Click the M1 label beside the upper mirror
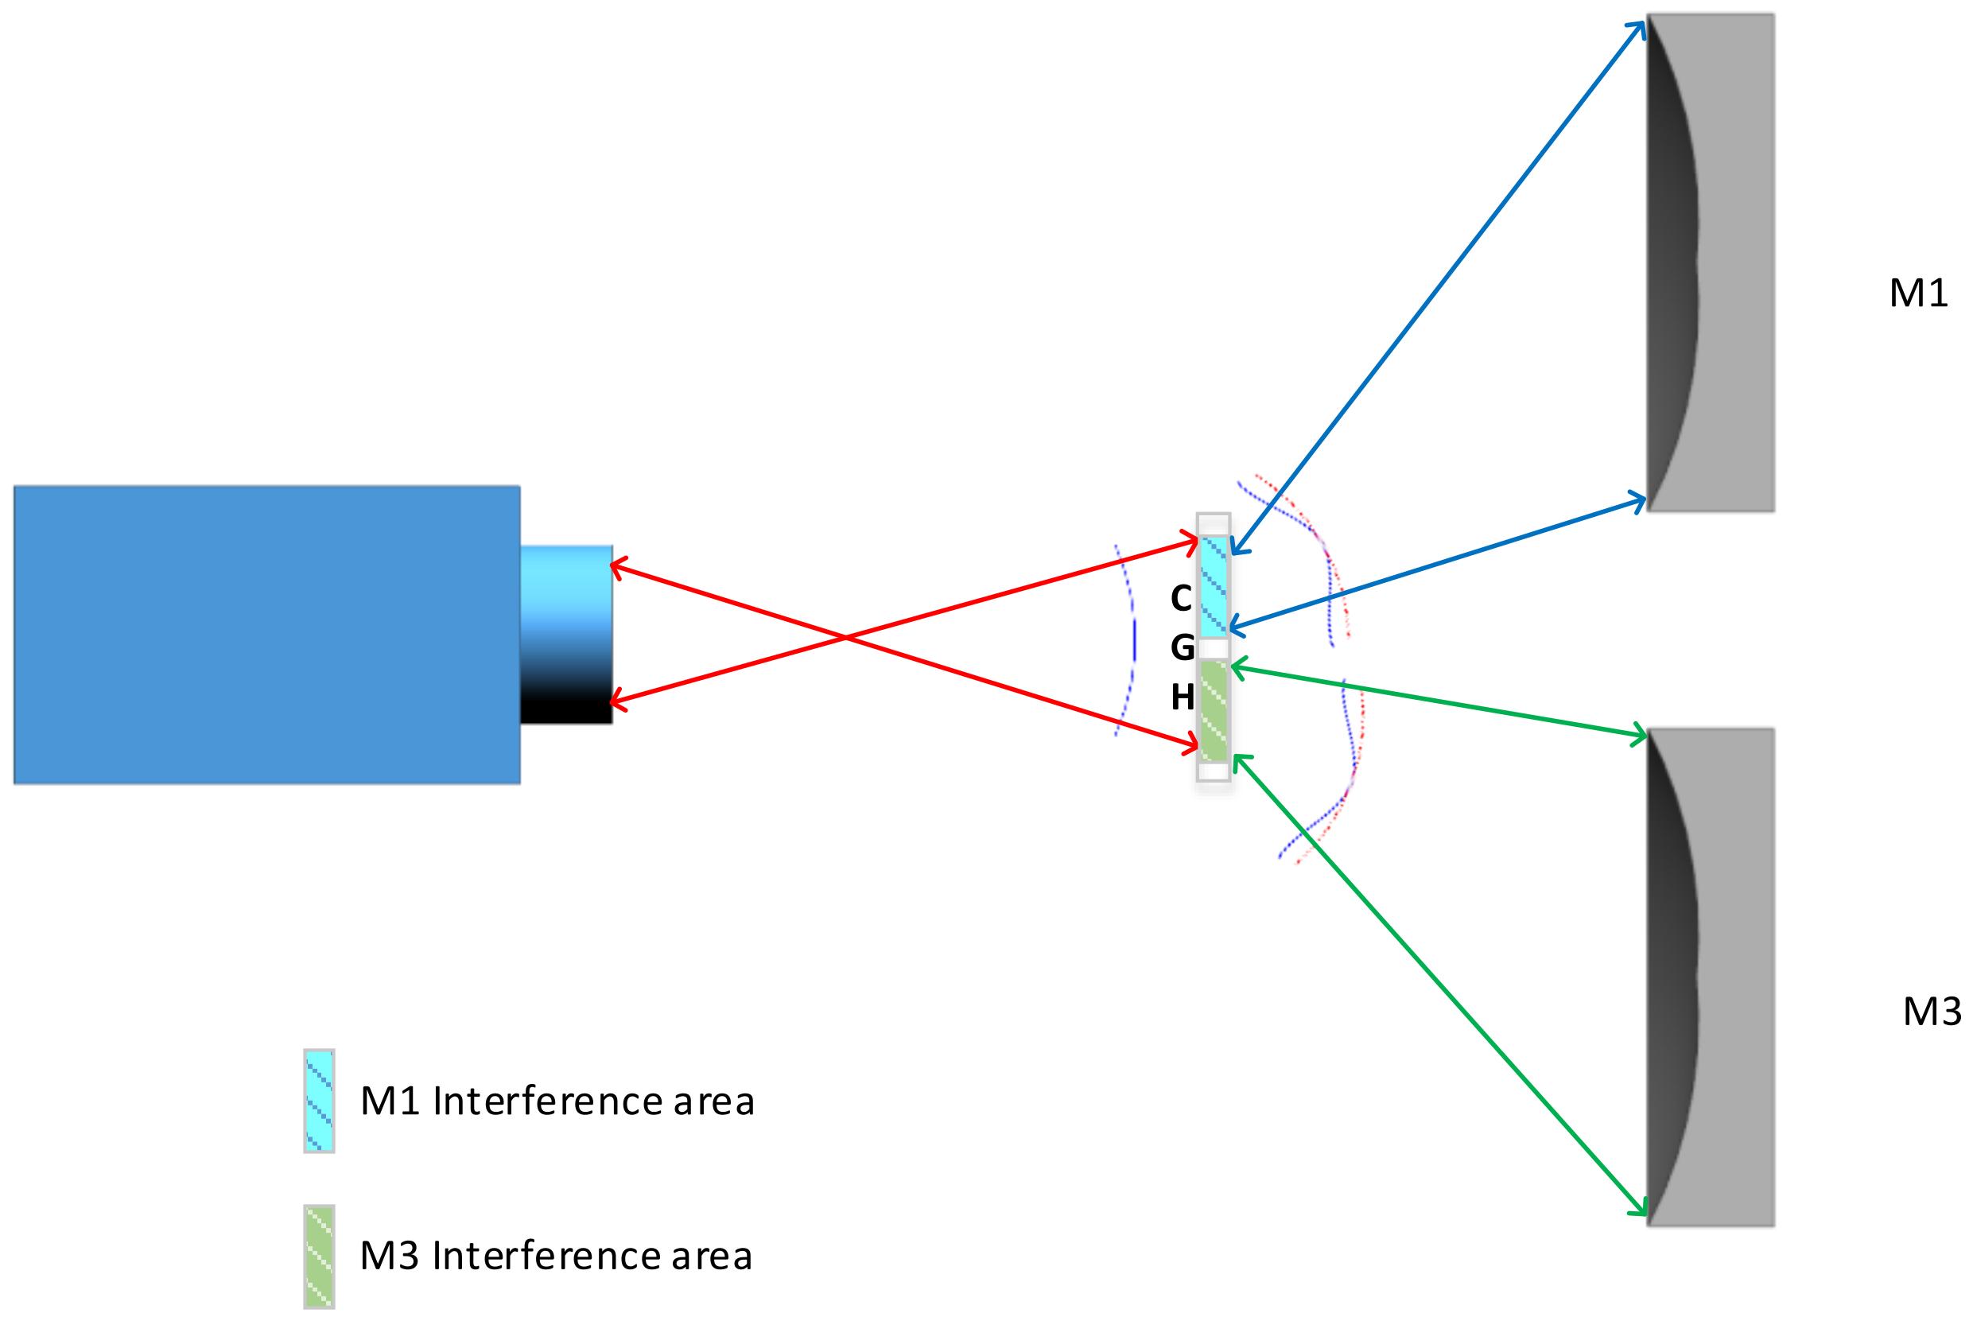pyautogui.click(x=1918, y=294)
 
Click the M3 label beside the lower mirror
pyautogui.click(x=1932, y=1012)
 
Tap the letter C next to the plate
pyautogui.click(x=1181, y=599)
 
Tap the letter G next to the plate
pyautogui.click(x=1182, y=647)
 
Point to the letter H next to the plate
pyautogui.click(x=1182, y=697)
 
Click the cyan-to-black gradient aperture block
pyautogui.click(x=565, y=635)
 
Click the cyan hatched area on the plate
pyautogui.click(x=1213, y=586)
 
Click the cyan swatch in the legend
pyautogui.click(x=319, y=1101)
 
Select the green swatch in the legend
pyautogui.click(x=319, y=1257)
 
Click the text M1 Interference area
pyautogui.click(x=557, y=1102)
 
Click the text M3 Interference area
pyautogui.click(x=555, y=1257)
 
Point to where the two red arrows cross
pyautogui.click(x=845, y=639)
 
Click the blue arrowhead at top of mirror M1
pyautogui.click(x=1639, y=27)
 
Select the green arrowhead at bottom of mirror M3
pyautogui.click(x=1640, y=1211)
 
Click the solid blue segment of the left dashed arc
pyautogui.click(x=1134, y=640)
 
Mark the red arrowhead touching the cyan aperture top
pyautogui.click(x=616, y=567)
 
